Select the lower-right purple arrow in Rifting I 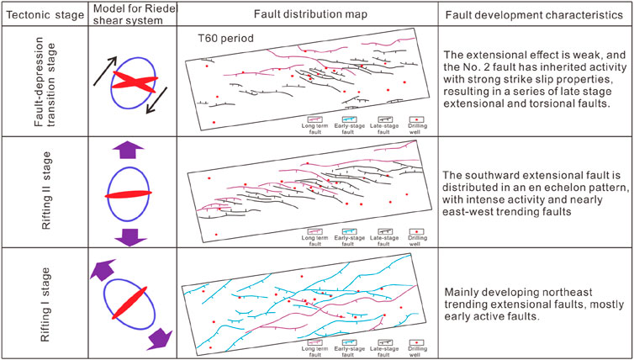(157, 338)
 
